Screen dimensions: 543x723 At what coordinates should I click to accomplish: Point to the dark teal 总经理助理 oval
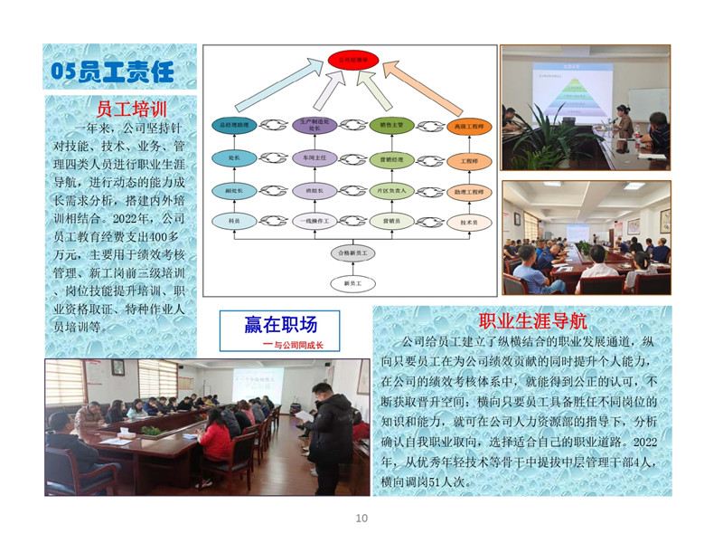click(233, 126)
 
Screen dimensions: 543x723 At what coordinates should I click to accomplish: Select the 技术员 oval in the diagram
click(469, 221)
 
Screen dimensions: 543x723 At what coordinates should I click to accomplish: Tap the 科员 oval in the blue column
click(233, 221)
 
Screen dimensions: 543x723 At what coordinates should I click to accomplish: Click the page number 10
click(361, 518)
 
